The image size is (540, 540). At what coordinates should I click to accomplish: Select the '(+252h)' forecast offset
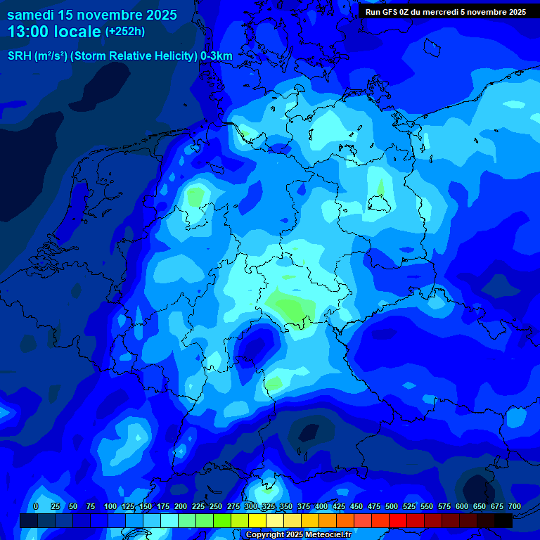click(x=124, y=32)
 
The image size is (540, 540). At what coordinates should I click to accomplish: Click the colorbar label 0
click(x=36, y=506)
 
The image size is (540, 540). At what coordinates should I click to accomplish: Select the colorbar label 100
click(x=110, y=506)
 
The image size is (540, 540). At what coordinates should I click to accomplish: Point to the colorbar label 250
click(x=216, y=506)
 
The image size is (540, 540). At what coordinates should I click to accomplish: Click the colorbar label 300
click(x=251, y=506)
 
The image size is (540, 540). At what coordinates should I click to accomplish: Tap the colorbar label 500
click(x=392, y=506)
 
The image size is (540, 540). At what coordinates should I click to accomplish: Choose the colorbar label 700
click(x=515, y=506)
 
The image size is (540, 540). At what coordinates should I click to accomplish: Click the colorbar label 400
click(x=321, y=506)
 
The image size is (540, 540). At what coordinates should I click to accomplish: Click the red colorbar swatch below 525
click(x=398, y=520)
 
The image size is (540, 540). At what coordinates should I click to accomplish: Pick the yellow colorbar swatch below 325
click(x=257, y=520)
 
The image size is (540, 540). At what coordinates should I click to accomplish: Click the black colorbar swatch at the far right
click(x=503, y=520)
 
